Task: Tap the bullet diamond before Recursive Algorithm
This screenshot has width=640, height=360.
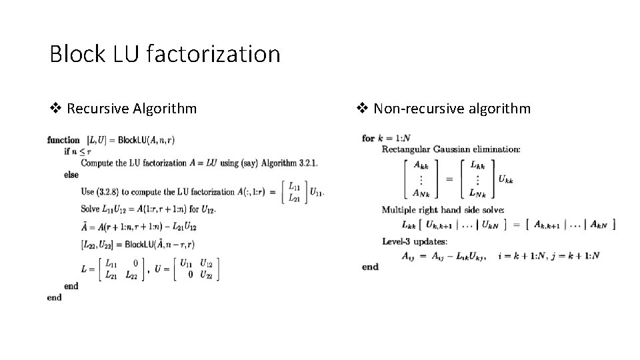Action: (57, 108)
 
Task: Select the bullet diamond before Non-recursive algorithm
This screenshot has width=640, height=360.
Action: (364, 108)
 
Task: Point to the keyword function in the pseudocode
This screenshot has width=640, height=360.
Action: (63, 140)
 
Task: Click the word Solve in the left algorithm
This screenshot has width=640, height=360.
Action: (91, 210)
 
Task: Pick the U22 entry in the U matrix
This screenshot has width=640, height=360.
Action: (207, 275)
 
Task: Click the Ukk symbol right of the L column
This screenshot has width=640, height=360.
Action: (506, 179)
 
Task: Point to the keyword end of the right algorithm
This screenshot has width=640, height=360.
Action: (370, 267)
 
